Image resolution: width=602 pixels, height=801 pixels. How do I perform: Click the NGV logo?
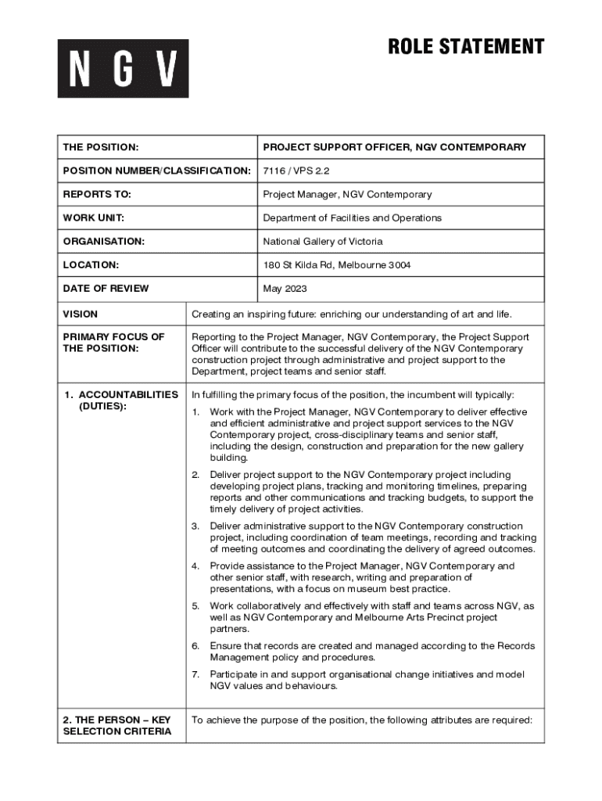pyautogui.click(x=123, y=68)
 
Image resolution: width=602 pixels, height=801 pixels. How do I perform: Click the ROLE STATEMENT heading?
pyautogui.click(x=466, y=47)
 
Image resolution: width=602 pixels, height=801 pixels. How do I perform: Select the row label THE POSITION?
pyautogui.click(x=101, y=147)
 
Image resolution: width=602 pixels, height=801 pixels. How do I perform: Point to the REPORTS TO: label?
pyautogui.click(x=97, y=194)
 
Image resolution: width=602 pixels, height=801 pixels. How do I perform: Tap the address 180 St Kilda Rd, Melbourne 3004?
pyautogui.click(x=336, y=265)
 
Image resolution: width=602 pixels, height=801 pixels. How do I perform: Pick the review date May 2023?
pyautogui.click(x=285, y=289)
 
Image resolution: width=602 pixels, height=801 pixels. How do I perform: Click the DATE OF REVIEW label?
pyautogui.click(x=106, y=289)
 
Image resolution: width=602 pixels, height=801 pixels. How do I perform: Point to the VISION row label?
pyautogui.click(x=81, y=314)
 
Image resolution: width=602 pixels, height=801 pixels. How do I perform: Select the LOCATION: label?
pyautogui.click(x=91, y=265)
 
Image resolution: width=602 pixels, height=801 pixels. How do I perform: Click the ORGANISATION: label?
pyautogui.click(x=104, y=241)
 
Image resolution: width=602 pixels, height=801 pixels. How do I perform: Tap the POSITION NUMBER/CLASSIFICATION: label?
pyautogui.click(x=156, y=171)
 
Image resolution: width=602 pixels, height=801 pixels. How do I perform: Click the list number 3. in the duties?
pyautogui.click(x=196, y=526)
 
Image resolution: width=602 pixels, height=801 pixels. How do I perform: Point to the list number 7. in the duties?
pyautogui.click(x=196, y=674)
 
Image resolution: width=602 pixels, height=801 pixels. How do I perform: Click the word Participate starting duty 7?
pyautogui.click(x=235, y=674)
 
